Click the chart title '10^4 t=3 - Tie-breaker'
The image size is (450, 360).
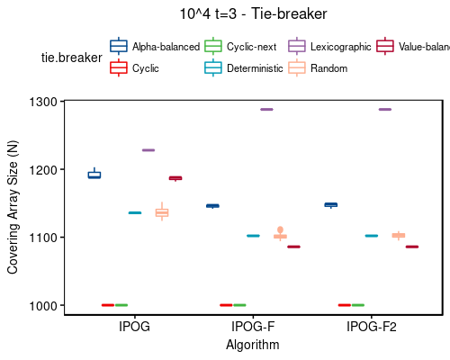click(253, 14)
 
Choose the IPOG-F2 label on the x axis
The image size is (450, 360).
click(372, 328)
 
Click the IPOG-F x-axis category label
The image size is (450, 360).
click(253, 328)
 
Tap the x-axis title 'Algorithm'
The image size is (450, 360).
click(253, 345)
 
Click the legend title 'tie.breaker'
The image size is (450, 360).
click(68, 57)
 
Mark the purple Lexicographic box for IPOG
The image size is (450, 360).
click(148, 150)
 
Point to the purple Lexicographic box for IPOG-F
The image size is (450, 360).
click(266, 110)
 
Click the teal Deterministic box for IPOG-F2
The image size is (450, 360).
click(371, 236)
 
